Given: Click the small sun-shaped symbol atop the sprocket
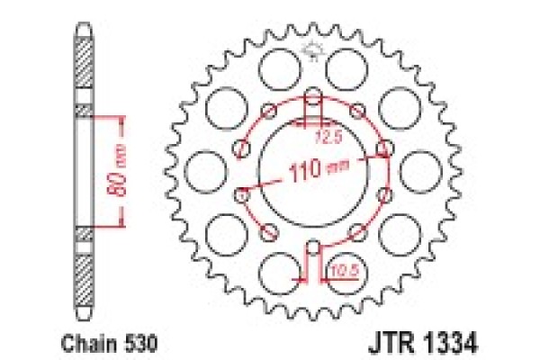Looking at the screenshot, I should [x=313, y=52].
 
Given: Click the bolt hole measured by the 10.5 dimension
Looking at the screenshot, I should [x=312, y=247].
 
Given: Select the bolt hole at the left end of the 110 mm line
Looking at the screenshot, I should [x=241, y=191].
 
